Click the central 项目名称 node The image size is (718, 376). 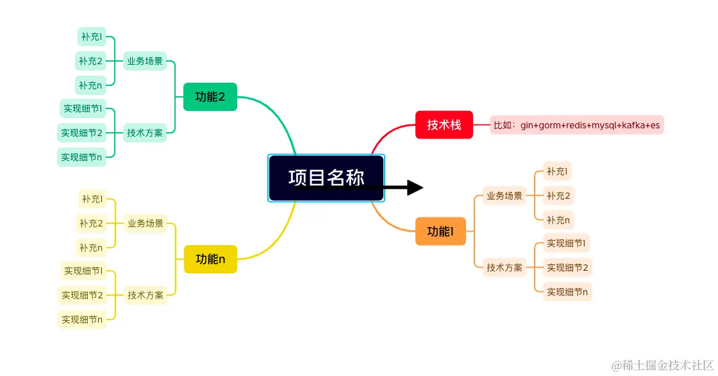pyautogui.click(x=326, y=178)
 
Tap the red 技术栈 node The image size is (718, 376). pyautogui.click(x=444, y=124)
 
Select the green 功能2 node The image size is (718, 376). pyautogui.click(x=210, y=97)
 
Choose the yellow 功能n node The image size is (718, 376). pyautogui.click(x=210, y=259)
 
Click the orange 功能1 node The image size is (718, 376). pyautogui.click(x=440, y=231)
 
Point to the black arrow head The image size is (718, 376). pyautogui.click(x=415, y=188)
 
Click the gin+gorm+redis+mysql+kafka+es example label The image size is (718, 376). pyautogui.click(x=577, y=124)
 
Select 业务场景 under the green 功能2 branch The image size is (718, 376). pyautogui.click(x=145, y=61)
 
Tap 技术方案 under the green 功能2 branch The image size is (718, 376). pyautogui.click(x=145, y=133)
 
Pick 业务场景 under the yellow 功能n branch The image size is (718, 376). pyautogui.click(x=146, y=223)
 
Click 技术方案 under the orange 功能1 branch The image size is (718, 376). pyautogui.click(x=505, y=267)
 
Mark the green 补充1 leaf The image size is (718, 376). pyautogui.click(x=91, y=37)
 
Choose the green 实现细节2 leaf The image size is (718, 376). pyautogui.click(x=82, y=133)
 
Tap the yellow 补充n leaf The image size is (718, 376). pyautogui.click(x=91, y=247)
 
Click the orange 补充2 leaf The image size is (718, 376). pyautogui.click(x=558, y=196)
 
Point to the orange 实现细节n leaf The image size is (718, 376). pyautogui.click(x=567, y=292)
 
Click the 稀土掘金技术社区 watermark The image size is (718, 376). pyautogui.click(x=661, y=366)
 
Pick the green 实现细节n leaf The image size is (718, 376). pyautogui.click(x=82, y=157)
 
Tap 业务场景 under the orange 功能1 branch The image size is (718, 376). pyautogui.click(x=505, y=196)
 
